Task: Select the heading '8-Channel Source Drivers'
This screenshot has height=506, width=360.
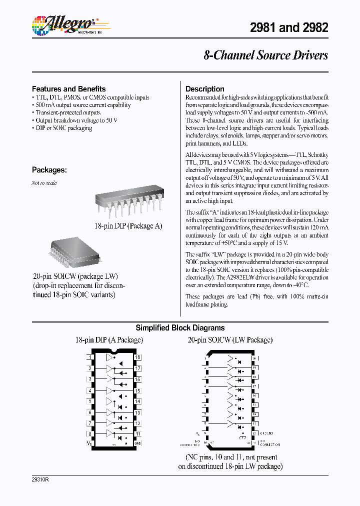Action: coord(265,55)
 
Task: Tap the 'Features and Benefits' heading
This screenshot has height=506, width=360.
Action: coord(68,88)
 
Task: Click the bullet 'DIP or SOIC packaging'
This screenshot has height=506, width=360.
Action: coord(63,128)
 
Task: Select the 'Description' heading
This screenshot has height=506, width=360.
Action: coord(205,88)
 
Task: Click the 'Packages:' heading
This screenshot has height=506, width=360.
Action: coord(49,169)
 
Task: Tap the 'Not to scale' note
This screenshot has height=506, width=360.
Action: coord(44,183)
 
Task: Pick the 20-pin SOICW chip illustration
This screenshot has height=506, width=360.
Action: coord(75,252)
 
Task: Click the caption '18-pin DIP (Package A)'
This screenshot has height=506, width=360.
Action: coord(128,226)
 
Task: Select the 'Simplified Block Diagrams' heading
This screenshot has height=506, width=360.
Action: coord(180,328)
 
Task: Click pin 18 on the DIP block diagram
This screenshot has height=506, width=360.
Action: coord(137,357)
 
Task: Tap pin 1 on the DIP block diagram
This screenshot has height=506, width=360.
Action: coord(89,357)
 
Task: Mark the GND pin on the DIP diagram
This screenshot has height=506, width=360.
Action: coord(137,443)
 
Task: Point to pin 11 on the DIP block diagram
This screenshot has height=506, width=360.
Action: coord(137,434)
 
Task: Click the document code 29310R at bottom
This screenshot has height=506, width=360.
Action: coord(40,479)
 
